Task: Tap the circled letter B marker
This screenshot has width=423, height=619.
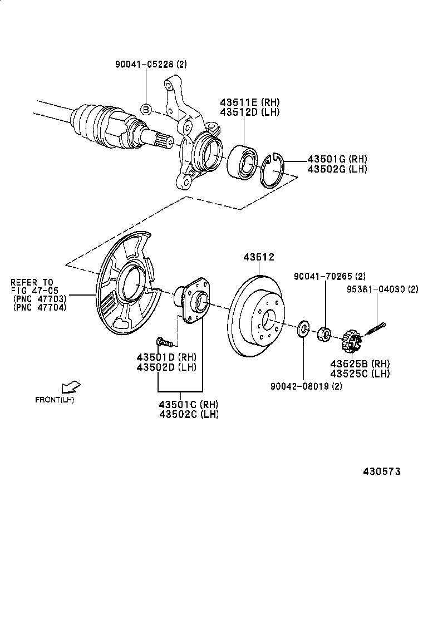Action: coord(145,109)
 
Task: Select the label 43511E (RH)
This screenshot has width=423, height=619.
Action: coord(249,102)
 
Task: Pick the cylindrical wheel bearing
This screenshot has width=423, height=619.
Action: coord(242,161)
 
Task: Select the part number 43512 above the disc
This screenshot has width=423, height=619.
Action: coord(259,257)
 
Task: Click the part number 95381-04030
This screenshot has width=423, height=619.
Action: coord(382,289)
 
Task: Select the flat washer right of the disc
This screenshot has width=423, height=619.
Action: coord(303,328)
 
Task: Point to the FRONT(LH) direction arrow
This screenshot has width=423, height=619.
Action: coord(71,386)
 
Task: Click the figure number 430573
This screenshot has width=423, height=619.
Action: coord(382,471)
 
